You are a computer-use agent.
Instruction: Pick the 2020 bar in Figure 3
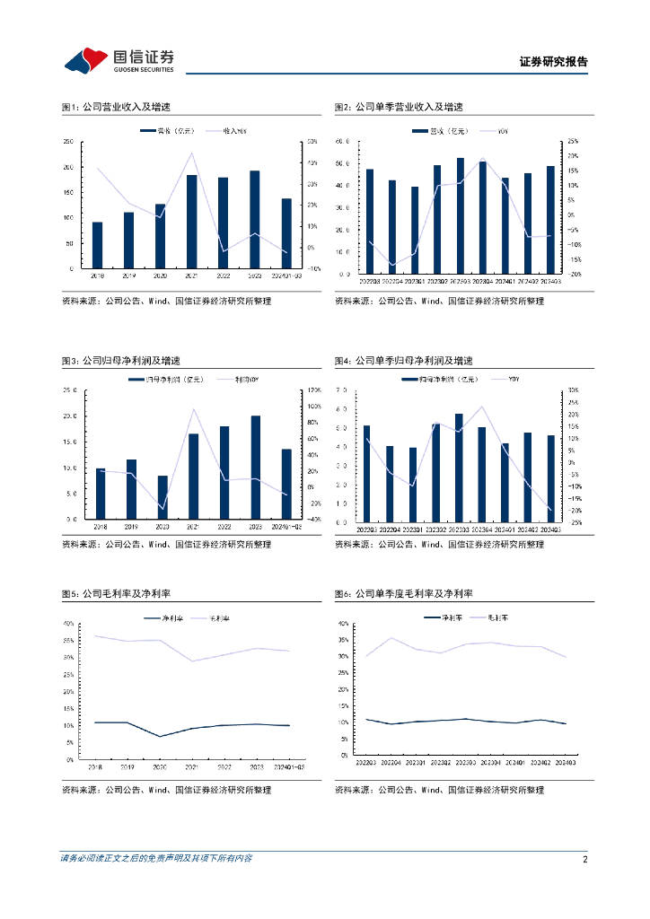[162, 497]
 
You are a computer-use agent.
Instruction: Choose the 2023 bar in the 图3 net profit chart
[255, 468]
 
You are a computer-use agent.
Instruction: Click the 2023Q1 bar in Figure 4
[413, 485]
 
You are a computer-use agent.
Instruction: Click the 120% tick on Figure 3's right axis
[315, 390]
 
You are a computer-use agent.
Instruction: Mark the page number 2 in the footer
[584, 859]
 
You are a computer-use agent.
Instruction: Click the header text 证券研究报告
[554, 62]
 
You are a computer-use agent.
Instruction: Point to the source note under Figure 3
[166, 544]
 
